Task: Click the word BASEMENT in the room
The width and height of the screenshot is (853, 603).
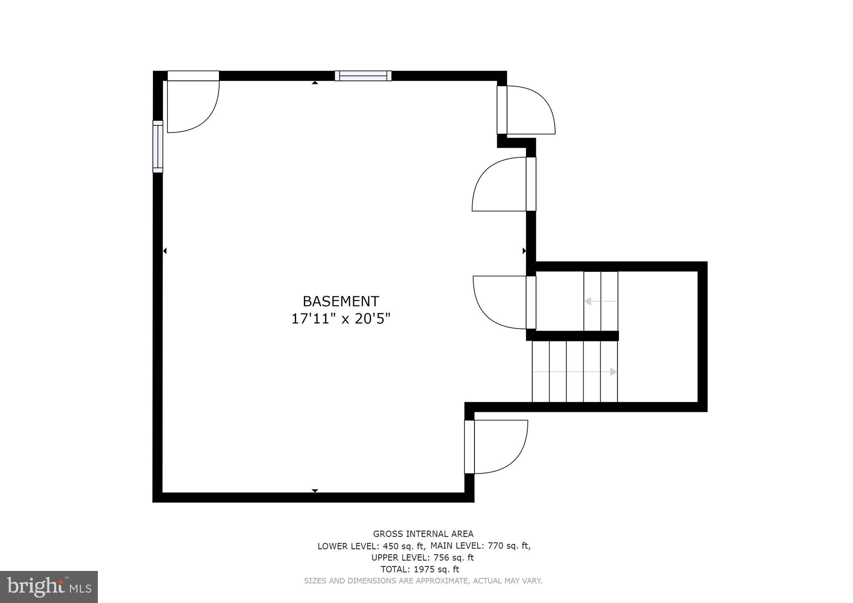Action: [341, 301]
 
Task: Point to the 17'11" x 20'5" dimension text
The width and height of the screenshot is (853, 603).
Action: [341, 319]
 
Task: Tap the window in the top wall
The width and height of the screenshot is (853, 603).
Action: [363, 76]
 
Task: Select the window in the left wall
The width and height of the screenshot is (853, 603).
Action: [158, 147]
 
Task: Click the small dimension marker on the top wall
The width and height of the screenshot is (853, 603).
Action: [315, 82]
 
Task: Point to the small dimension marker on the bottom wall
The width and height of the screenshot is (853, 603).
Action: [315, 491]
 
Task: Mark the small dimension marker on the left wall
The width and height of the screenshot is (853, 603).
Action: [165, 251]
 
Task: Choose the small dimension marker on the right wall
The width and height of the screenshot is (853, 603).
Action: [524, 251]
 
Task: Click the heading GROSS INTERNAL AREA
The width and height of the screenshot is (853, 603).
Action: [423, 534]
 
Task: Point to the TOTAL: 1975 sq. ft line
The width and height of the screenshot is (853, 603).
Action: [420, 569]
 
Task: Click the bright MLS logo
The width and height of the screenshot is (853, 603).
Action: [49, 587]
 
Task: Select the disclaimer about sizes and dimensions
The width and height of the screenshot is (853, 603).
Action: [423, 581]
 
